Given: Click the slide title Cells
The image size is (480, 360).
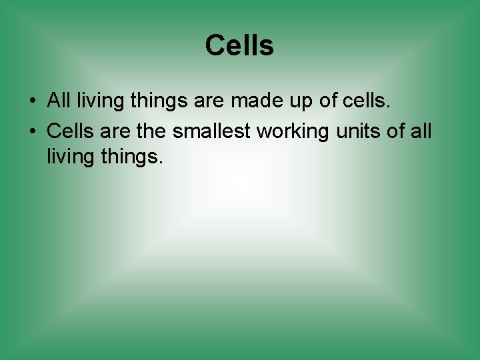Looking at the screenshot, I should click(239, 46).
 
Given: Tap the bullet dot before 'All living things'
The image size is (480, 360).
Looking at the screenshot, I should click(32, 102).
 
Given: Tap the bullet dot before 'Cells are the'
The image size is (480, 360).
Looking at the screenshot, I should click(32, 131).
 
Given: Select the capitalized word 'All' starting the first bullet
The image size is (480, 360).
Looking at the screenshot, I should click(59, 101).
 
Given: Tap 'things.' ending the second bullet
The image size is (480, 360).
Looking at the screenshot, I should click(132, 159).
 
